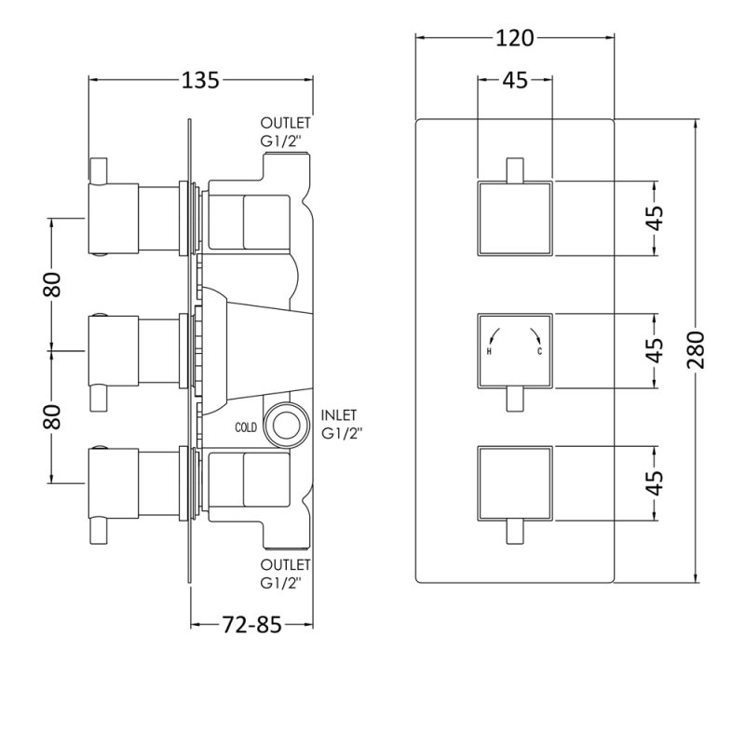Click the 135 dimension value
(x=200, y=80)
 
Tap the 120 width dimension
(x=515, y=38)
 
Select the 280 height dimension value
(x=696, y=350)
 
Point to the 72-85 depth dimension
(x=251, y=624)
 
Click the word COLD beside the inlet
(x=246, y=427)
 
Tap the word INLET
(x=339, y=415)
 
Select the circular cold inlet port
(x=287, y=425)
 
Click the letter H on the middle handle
(x=489, y=352)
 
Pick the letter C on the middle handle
(x=540, y=352)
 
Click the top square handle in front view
(x=515, y=219)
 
